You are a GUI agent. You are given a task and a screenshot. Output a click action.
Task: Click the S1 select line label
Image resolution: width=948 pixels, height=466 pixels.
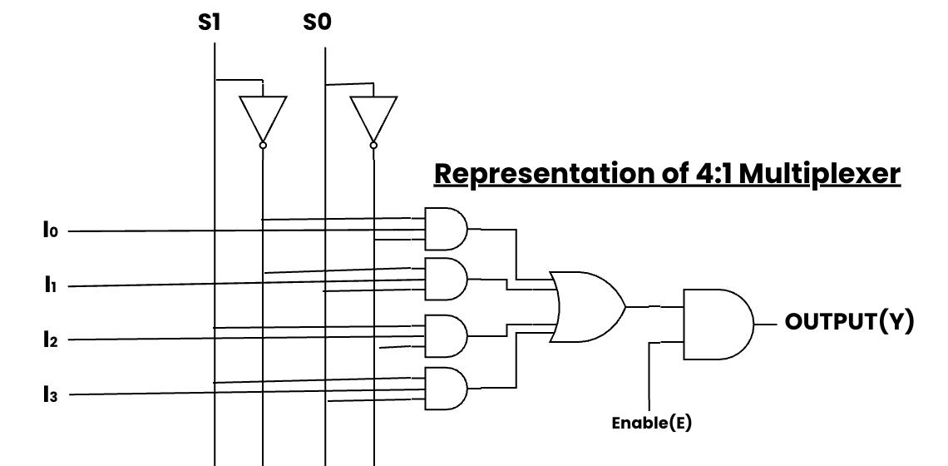click(210, 22)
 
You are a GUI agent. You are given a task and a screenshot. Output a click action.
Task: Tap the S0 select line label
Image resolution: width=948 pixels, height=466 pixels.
click(317, 22)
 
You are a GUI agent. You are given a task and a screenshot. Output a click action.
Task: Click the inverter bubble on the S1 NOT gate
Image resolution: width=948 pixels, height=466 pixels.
click(263, 146)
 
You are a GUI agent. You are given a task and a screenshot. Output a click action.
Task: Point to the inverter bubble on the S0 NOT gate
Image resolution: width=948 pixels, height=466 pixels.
click(373, 146)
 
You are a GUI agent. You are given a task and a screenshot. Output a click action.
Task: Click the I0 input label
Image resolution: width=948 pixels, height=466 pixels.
click(50, 231)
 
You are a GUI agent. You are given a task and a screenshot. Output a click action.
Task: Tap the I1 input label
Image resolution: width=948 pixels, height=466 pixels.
click(50, 285)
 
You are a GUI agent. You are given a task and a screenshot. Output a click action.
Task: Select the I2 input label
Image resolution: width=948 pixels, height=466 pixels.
click(50, 340)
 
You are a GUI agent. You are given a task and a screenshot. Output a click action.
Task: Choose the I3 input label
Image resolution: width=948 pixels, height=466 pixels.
click(50, 394)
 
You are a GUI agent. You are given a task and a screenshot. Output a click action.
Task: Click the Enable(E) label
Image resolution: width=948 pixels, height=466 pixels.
click(651, 423)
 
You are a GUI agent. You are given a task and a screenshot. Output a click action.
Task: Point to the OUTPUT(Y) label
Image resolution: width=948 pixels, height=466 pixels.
click(850, 321)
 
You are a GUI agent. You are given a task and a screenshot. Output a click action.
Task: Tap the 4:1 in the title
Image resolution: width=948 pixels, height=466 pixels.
click(710, 174)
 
